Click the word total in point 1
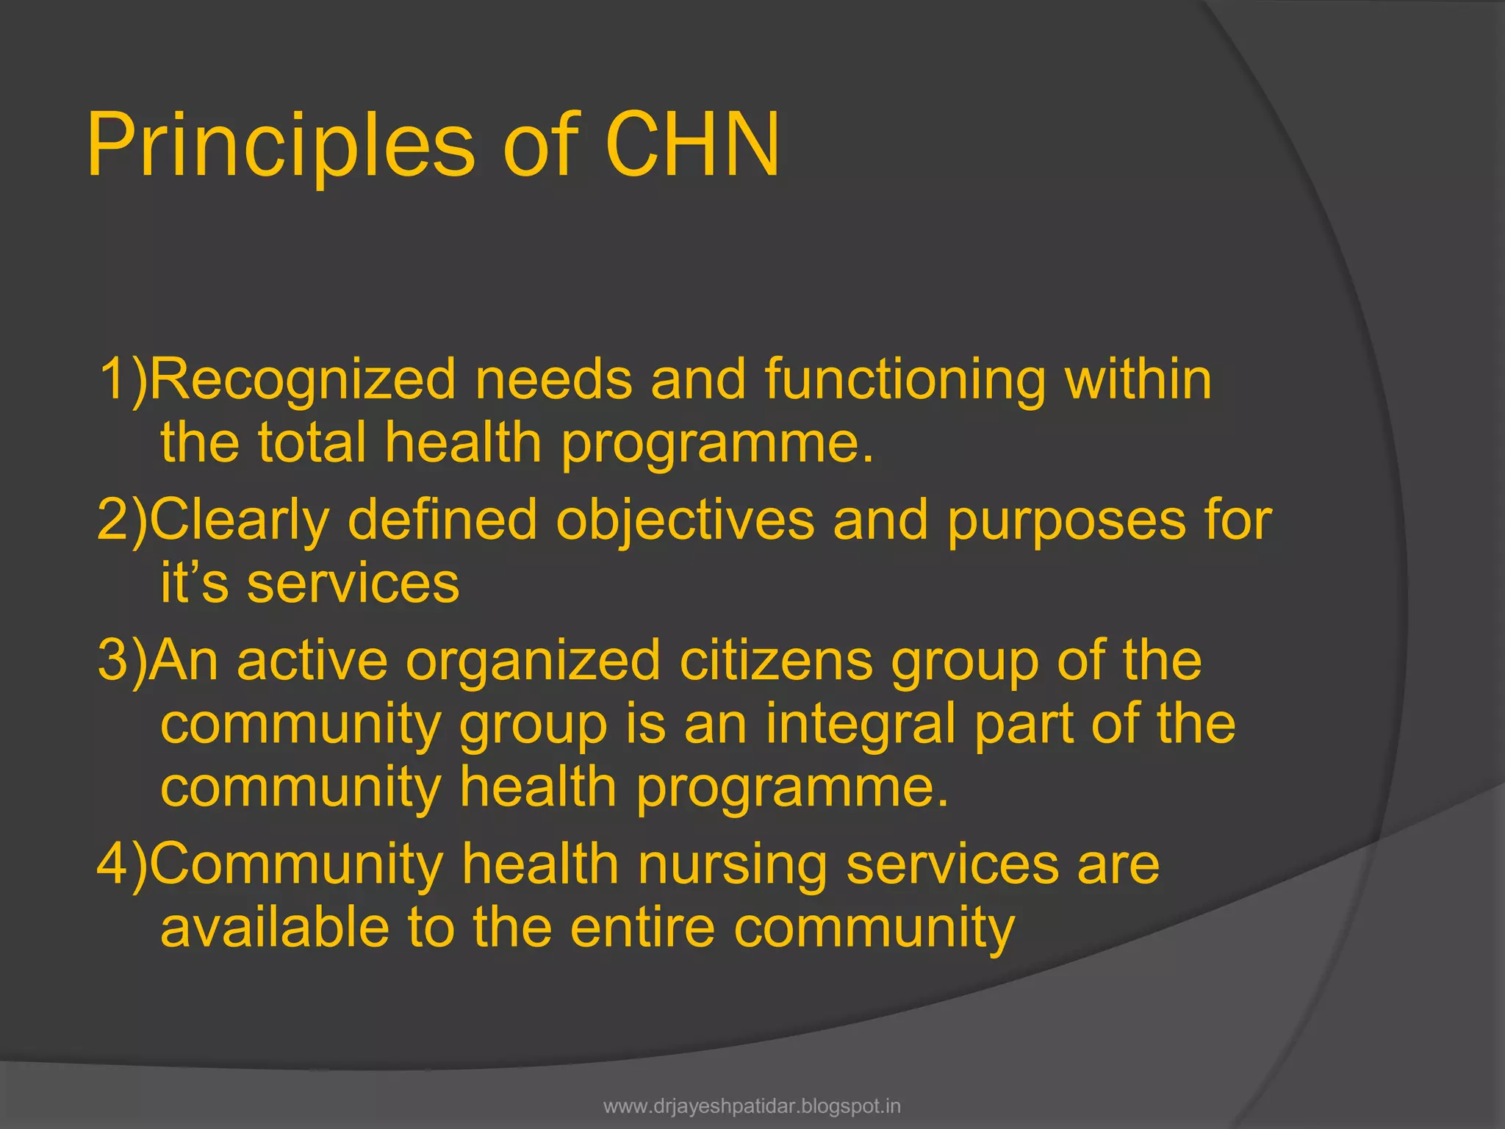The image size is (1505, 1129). click(x=312, y=442)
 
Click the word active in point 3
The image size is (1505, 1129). click(x=312, y=660)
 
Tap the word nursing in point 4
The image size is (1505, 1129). click(x=733, y=865)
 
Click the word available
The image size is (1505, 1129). click(x=275, y=928)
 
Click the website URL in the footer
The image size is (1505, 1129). click(x=752, y=1106)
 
